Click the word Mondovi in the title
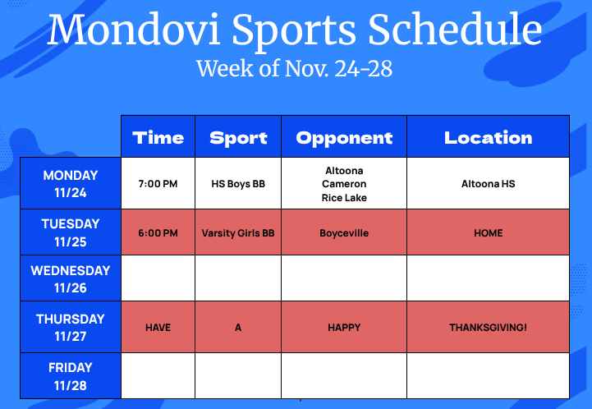pyautogui.click(x=135, y=30)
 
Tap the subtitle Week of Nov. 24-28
pyautogui.click(x=294, y=67)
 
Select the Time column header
pyautogui.click(x=158, y=137)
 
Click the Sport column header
pyautogui.click(x=238, y=137)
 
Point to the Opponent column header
pyautogui.click(x=344, y=137)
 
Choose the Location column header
pyautogui.click(x=488, y=137)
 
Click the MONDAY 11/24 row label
pyautogui.click(x=71, y=184)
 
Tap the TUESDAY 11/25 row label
pyautogui.click(x=71, y=232)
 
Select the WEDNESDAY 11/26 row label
pyautogui.click(x=71, y=278)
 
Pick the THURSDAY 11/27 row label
pyautogui.click(x=71, y=327)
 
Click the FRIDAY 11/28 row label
pyautogui.click(x=71, y=375)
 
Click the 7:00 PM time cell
pyautogui.click(x=158, y=184)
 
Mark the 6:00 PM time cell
pyautogui.click(x=158, y=233)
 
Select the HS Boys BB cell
pyautogui.click(x=238, y=184)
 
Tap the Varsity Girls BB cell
pyautogui.click(x=238, y=233)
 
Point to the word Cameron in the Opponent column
pyautogui.click(x=344, y=184)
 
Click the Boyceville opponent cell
pyautogui.click(x=344, y=233)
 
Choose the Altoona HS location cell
pyautogui.click(x=488, y=184)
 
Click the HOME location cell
pyautogui.click(x=488, y=233)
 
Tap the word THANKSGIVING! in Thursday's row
pyautogui.click(x=488, y=327)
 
